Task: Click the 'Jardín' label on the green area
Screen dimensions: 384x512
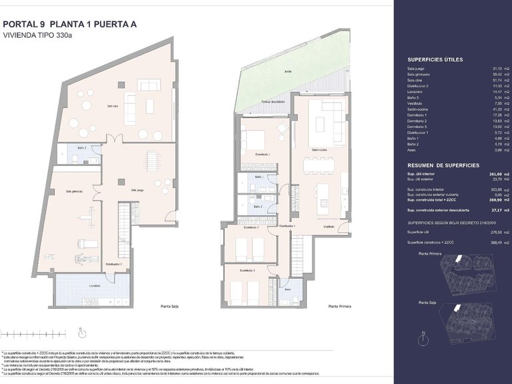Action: click(288, 70)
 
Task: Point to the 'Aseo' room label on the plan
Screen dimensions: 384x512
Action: click(287, 290)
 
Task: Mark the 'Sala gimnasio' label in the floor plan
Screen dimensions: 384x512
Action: click(74, 191)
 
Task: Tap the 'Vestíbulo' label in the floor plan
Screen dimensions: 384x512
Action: click(329, 227)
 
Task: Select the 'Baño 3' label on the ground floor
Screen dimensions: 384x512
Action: click(81, 148)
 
